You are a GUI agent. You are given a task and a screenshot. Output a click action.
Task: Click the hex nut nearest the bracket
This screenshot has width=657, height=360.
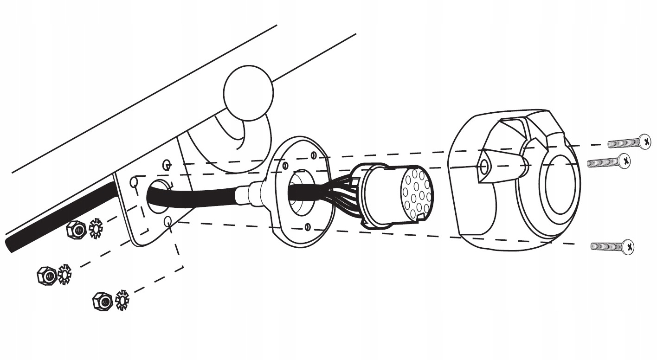pyautogui.click(x=76, y=229)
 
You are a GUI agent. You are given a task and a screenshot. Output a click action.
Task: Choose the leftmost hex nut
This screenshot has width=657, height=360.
pyautogui.click(x=45, y=275)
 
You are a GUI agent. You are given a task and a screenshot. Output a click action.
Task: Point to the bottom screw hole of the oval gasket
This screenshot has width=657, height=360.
pyautogui.click(x=307, y=227)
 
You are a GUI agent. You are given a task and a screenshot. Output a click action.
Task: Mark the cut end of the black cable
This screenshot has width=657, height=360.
pyautogui.click(x=11, y=246)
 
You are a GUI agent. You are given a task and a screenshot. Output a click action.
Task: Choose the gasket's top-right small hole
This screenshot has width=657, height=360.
pyautogui.click(x=314, y=154)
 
